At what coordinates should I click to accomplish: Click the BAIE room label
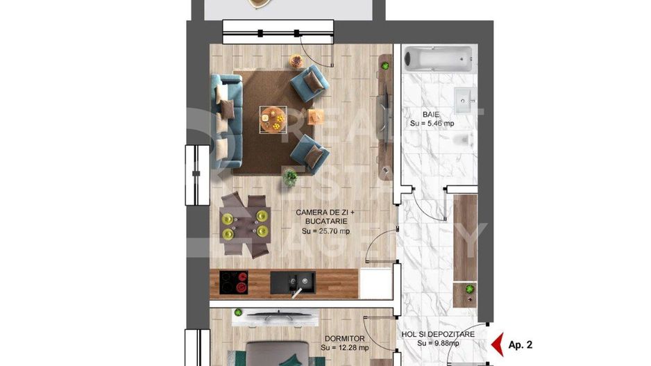[432, 114]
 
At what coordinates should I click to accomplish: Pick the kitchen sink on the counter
[292, 281]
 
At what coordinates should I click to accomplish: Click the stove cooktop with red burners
[234, 282]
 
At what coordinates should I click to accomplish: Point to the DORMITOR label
[344, 339]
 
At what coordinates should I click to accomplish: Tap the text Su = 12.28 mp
[345, 347]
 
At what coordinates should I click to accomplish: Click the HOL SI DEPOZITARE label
[438, 334]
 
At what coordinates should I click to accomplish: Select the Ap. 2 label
[521, 344]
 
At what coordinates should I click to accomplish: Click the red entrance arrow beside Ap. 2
[497, 343]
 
